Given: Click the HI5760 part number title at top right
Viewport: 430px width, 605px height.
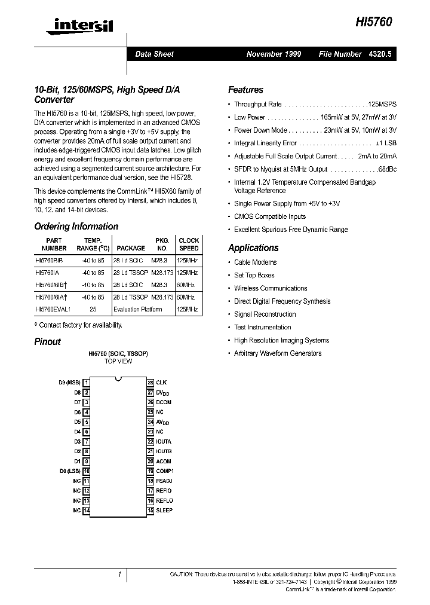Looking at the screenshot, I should (374, 21).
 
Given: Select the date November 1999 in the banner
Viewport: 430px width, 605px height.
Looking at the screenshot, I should (274, 54).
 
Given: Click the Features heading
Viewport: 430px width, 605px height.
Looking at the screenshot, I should (245, 90).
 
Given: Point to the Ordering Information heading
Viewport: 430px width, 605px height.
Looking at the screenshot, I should (76, 227).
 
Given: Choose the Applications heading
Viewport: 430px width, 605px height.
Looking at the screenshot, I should (253, 247).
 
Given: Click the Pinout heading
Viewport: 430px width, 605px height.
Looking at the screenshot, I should (47, 341).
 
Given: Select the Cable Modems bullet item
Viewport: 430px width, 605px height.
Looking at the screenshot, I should (255, 262).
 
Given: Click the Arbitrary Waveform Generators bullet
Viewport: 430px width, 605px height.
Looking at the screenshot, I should (277, 353).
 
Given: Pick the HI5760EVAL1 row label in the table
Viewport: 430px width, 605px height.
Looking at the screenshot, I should (53, 310).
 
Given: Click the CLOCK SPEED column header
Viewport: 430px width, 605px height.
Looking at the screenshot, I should (189, 244).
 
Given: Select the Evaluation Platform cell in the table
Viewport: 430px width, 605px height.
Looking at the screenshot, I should (137, 310).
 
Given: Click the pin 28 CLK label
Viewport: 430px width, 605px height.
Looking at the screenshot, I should (161, 382).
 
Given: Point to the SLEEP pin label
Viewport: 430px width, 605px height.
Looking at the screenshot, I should (164, 510).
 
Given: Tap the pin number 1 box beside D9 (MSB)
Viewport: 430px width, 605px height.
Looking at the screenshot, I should (87, 382).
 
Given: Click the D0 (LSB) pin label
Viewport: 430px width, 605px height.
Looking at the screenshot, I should (70, 471).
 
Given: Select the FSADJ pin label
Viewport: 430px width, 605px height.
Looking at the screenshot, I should (164, 481).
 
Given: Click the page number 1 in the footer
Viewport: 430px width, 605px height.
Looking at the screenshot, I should (119, 575).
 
